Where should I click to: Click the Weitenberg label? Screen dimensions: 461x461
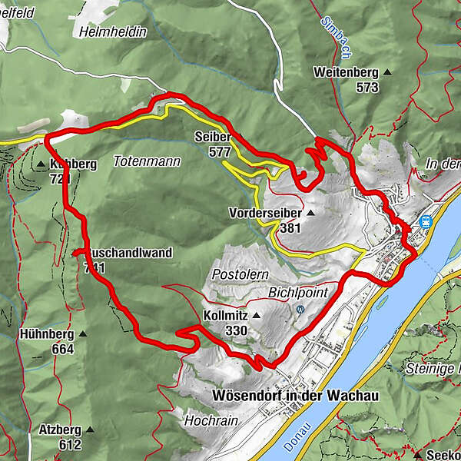click(345, 72)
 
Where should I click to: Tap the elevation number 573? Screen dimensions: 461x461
click(367, 88)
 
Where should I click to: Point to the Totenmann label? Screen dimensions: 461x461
click(146, 162)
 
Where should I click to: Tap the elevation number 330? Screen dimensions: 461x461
click(236, 330)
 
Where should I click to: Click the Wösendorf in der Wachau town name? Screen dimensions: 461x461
click(295, 394)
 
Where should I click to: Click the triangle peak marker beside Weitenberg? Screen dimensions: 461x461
click(386, 73)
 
